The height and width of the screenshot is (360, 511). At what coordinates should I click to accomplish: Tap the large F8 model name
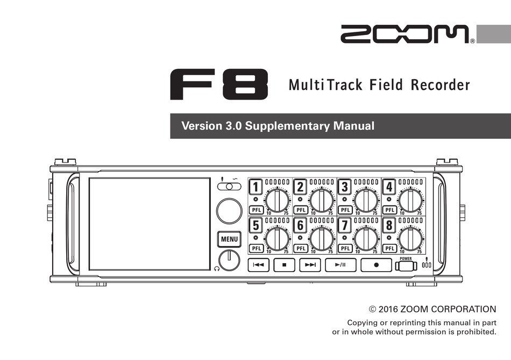coord(219,85)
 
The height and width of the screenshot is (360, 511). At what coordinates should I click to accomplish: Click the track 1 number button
coord(256,187)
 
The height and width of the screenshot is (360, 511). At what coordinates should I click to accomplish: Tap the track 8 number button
coord(389,224)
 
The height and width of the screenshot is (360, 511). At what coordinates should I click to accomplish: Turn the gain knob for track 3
coord(366,200)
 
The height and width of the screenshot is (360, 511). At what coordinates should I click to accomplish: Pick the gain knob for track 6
coord(322,238)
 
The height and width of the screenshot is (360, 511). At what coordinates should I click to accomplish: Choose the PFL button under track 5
coord(256,248)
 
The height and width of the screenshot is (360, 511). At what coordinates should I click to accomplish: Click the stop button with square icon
coord(285,265)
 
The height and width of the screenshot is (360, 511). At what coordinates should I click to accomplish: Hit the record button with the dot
coord(375,265)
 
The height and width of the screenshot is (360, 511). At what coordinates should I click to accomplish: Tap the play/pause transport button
coord(340,265)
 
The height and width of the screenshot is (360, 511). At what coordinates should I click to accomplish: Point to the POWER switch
coord(406,265)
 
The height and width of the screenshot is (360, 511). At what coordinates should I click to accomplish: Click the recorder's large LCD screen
coord(150,224)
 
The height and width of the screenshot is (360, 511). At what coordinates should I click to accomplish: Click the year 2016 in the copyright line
coord(388,309)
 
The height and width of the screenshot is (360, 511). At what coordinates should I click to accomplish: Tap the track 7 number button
coord(345,224)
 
